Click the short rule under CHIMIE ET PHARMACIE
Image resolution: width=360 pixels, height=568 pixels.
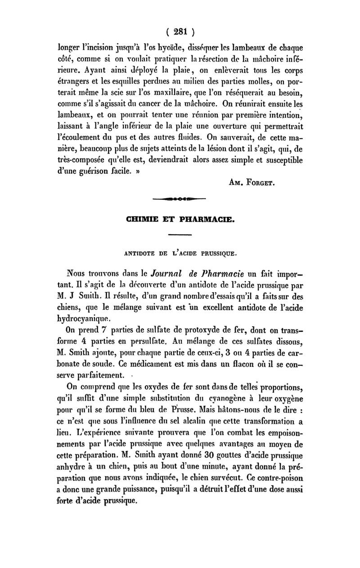click(180, 234)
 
